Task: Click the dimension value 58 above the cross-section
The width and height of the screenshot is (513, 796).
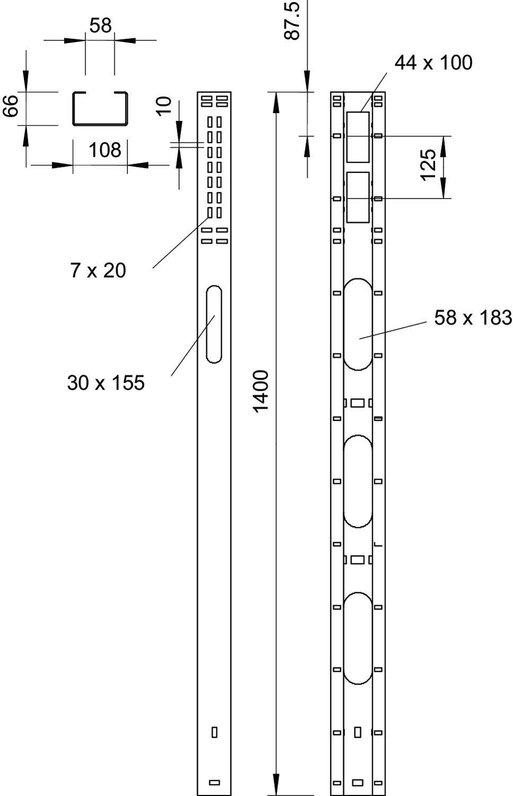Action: coord(100,25)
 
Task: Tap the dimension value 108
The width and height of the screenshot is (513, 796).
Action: coord(105,150)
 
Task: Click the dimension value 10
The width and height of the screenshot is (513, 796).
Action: coord(165,105)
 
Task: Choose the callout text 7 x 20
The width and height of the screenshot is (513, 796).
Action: coord(98,271)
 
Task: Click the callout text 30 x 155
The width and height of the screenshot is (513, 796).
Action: coord(106,382)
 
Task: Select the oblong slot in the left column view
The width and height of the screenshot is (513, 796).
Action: coord(214,324)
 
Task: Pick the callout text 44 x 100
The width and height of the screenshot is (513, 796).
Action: coord(433,63)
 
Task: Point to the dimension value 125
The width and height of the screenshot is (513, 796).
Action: coord(428,165)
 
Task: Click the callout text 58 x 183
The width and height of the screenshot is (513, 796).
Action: coord(473,317)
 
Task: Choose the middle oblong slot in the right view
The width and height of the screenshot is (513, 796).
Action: coord(358,481)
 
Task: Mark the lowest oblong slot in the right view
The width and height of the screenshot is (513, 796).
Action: coord(358,638)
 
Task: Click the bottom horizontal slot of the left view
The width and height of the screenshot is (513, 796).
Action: coord(214,782)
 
